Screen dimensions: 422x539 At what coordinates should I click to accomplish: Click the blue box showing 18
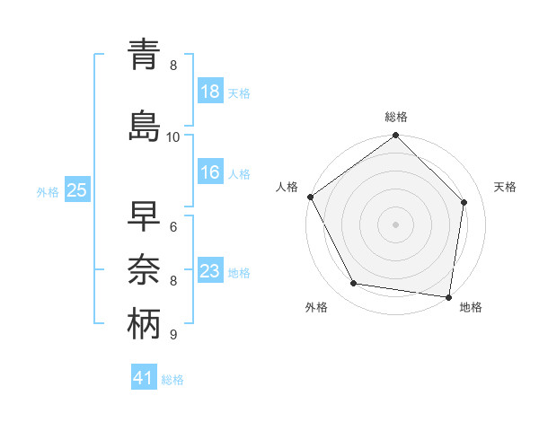tap(210, 92)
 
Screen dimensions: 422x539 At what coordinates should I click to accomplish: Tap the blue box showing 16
tap(210, 173)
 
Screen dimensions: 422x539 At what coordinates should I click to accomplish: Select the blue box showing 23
tap(210, 271)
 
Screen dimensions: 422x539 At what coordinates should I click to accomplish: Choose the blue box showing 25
tap(76, 190)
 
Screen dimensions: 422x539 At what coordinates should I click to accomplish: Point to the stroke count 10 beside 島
tap(173, 136)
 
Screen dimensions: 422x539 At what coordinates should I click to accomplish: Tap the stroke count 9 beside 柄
tap(173, 335)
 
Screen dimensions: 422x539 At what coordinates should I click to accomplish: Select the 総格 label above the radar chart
tap(396, 117)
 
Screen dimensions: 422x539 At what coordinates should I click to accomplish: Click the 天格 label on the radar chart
tap(506, 187)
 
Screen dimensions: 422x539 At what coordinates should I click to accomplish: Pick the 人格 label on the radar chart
tap(287, 187)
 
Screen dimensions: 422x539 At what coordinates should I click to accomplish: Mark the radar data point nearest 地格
tap(449, 296)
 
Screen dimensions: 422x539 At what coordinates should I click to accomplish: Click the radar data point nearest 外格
tap(354, 284)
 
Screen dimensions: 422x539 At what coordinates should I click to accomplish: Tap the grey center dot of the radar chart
tap(396, 224)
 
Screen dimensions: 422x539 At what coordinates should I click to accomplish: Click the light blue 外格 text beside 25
tap(47, 191)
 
